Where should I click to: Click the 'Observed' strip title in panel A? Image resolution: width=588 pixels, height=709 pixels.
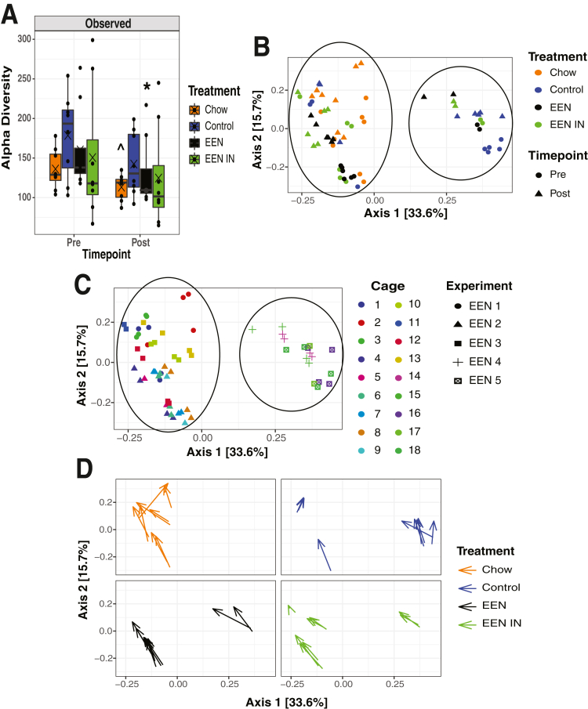(109, 24)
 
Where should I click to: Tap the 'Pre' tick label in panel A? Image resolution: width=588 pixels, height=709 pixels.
(74, 243)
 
